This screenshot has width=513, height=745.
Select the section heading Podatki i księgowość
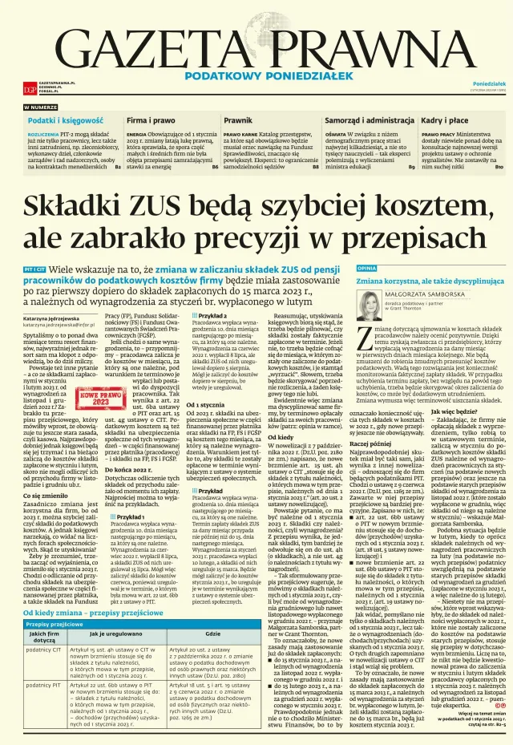pyautogui.click(x=61, y=119)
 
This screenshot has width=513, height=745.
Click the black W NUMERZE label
pyautogui.click(x=41, y=107)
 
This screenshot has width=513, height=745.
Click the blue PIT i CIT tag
pyautogui.click(x=34, y=267)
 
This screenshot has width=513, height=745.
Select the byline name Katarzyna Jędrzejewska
pyautogui.click(x=57, y=318)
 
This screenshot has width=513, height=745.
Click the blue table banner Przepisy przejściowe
pyautogui.click(x=55, y=601)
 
